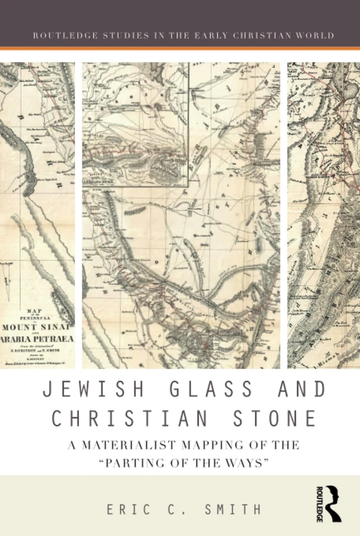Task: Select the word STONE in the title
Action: (276, 417)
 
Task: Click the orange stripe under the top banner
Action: (180, 48)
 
